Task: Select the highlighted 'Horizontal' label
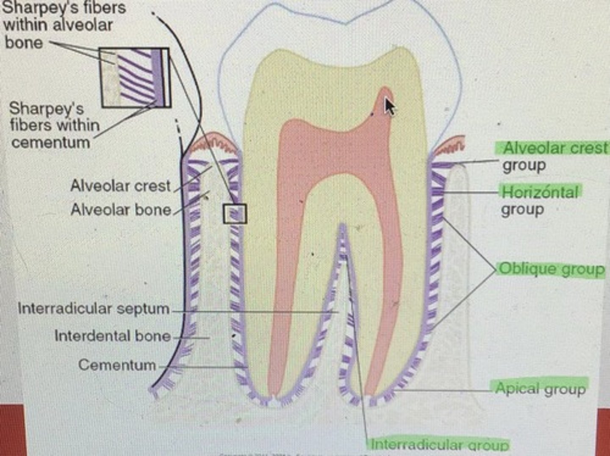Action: click(x=540, y=192)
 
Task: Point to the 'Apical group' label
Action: click(x=540, y=389)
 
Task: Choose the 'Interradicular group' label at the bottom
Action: click(x=439, y=445)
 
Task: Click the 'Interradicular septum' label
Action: click(x=94, y=308)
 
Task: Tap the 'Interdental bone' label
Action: click(x=112, y=336)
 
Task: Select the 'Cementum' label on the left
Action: click(x=117, y=365)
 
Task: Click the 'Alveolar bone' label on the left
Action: click(x=121, y=210)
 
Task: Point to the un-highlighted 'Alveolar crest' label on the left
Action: click(x=120, y=186)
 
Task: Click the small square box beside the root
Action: click(x=235, y=214)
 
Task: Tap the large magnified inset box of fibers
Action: click(x=135, y=77)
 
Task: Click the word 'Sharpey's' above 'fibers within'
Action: click(x=46, y=108)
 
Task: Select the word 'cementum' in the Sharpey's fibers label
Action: click(x=50, y=142)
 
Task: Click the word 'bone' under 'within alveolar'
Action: click(x=24, y=43)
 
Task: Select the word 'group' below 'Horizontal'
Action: click(x=522, y=210)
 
